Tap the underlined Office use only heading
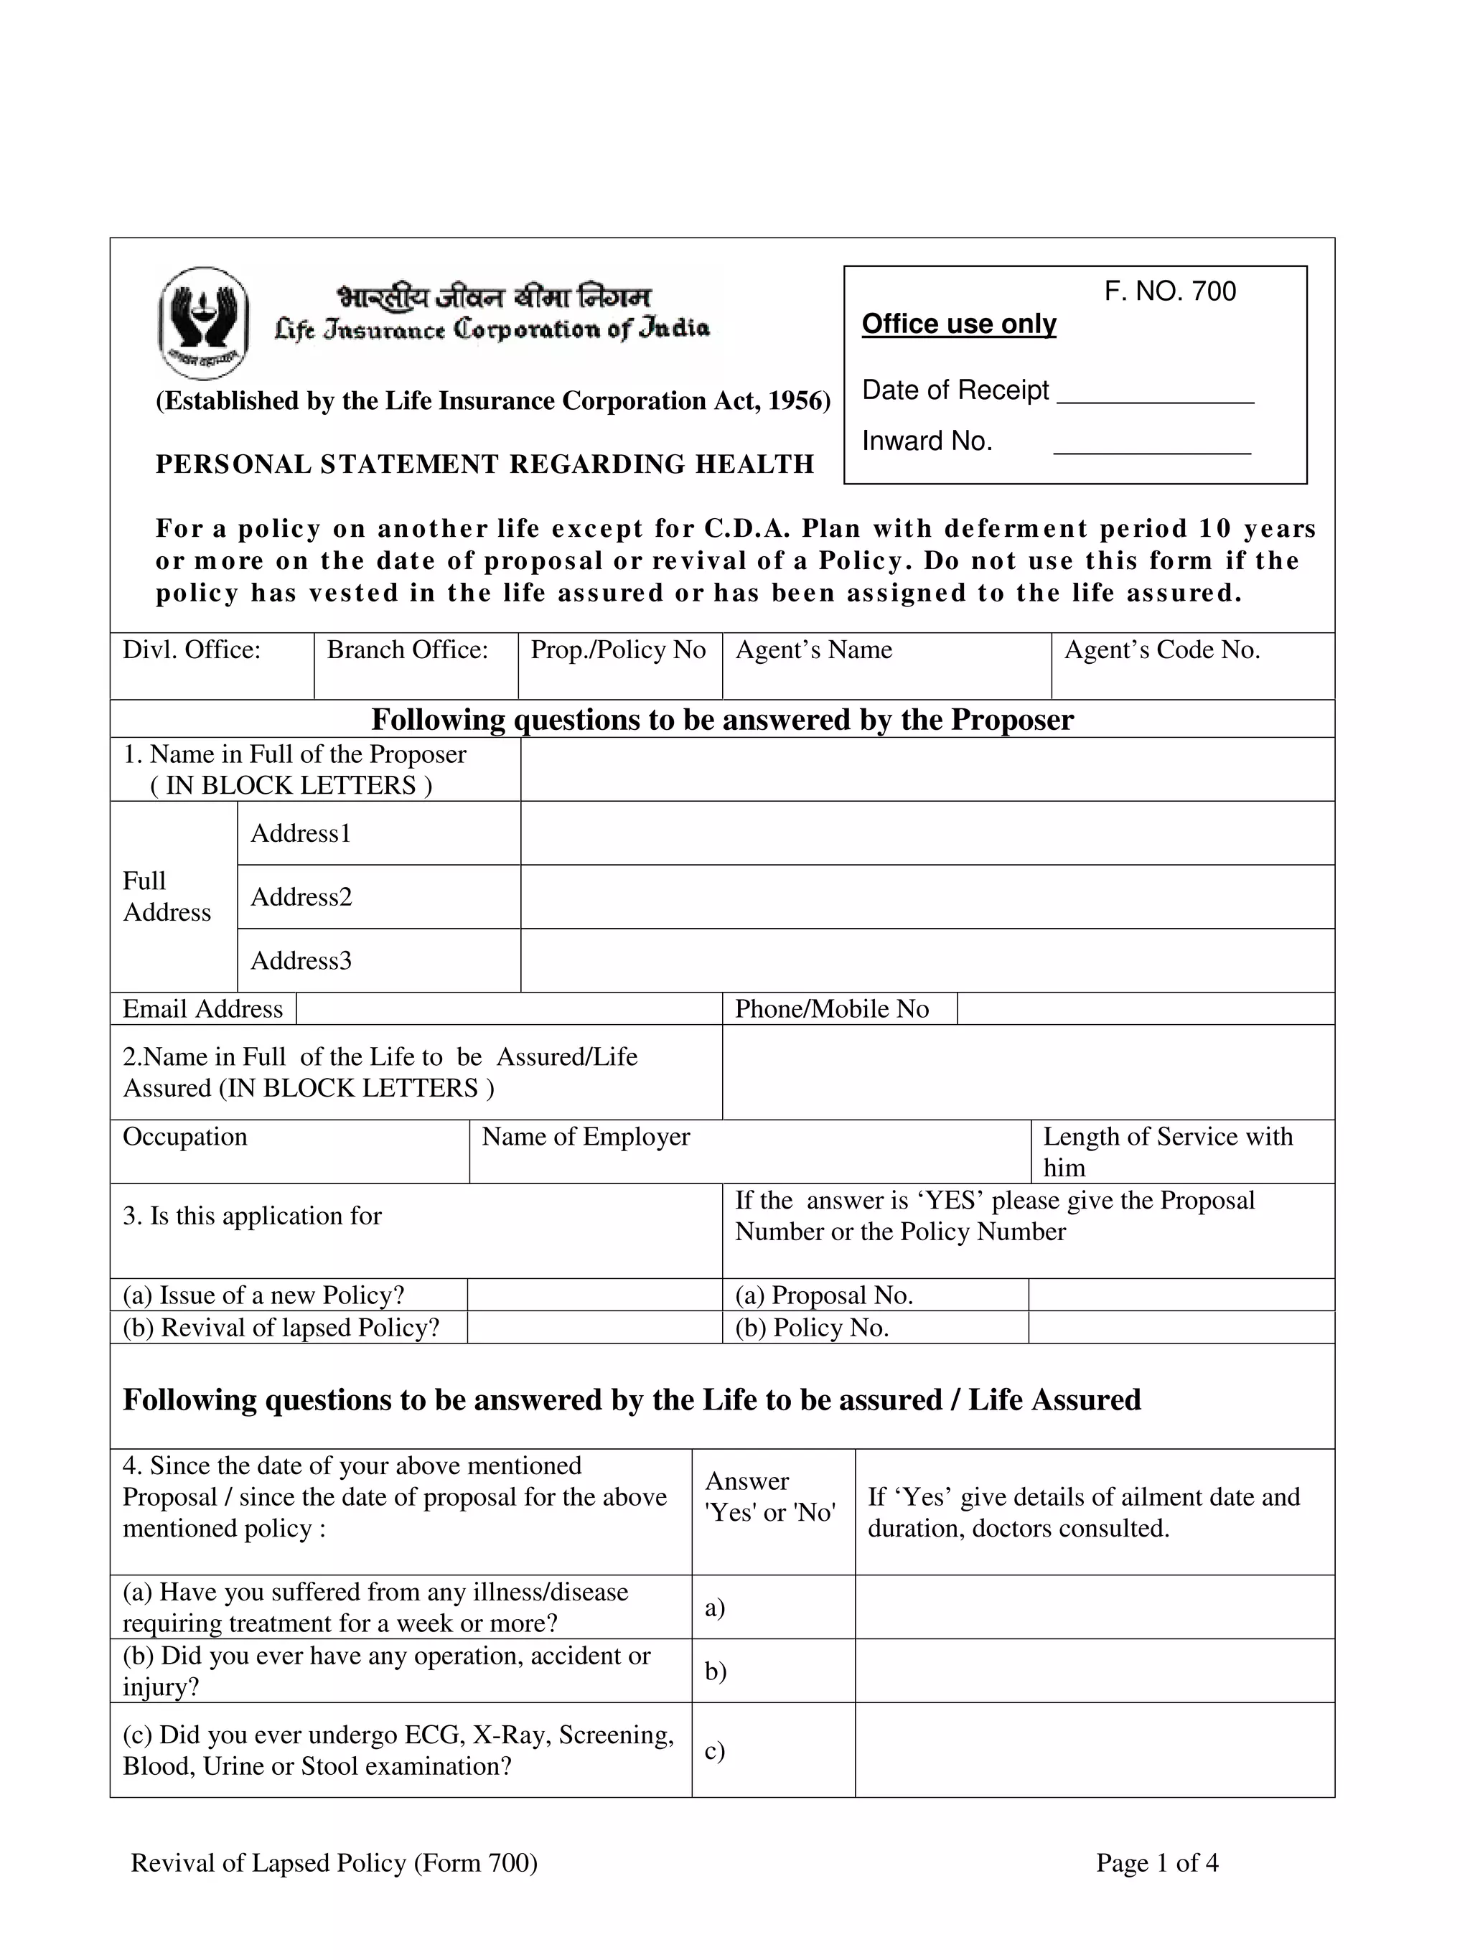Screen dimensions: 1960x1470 (x=959, y=324)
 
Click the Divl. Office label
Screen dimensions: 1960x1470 (x=192, y=650)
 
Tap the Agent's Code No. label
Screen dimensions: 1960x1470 (x=1161, y=650)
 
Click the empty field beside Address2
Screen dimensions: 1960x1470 (x=927, y=896)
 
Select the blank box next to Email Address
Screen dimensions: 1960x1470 (x=509, y=1009)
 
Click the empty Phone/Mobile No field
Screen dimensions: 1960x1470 (x=1145, y=1009)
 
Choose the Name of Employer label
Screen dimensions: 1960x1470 (x=586, y=1137)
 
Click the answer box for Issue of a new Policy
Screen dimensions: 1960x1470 (x=594, y=1295)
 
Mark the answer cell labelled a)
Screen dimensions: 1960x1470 (x=772, y=1608)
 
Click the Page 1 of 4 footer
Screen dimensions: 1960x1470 (x=1156, y=1862)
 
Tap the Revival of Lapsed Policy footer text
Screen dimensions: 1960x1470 (x=334, y=1862)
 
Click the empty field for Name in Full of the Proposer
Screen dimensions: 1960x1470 (x=927, y=769)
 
